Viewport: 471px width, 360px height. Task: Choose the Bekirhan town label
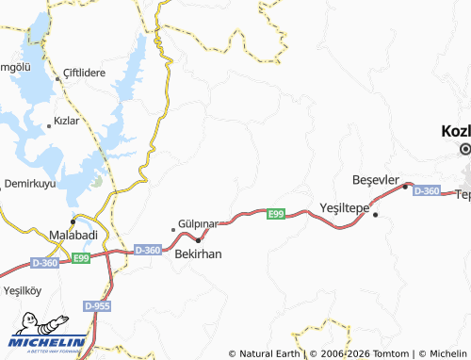(198, 254)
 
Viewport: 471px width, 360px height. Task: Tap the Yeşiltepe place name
(346, 205)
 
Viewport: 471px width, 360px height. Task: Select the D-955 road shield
(96, 307)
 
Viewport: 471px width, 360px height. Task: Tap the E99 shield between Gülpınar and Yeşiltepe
(275, 215)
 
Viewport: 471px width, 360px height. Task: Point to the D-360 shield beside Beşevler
(427, 191)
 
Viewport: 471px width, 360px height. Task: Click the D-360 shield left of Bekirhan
(148, 250)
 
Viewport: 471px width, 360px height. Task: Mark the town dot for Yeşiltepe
(375, 215)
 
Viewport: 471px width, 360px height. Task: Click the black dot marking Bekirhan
(198, 240)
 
